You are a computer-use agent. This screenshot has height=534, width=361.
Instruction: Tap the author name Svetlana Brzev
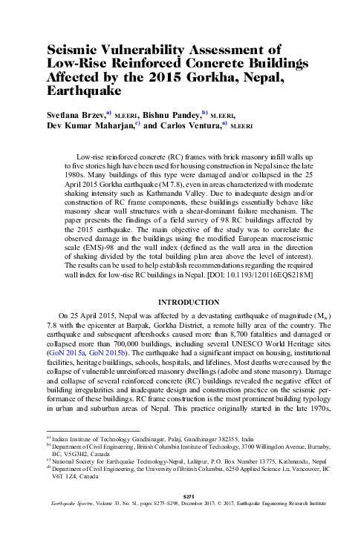click(x=76, y=116)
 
